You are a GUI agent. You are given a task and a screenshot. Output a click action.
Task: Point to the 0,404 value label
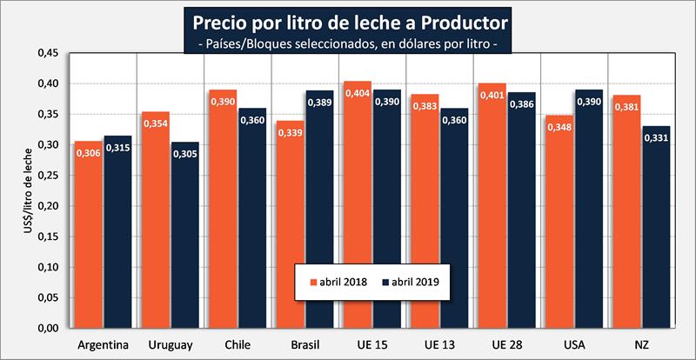pos(358,93)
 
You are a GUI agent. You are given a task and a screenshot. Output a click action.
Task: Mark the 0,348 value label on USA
pos(559,127)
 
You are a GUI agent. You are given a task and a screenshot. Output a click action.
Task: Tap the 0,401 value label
pos(492,95)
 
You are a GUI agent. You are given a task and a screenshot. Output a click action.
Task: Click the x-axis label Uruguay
pos(171,345)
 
